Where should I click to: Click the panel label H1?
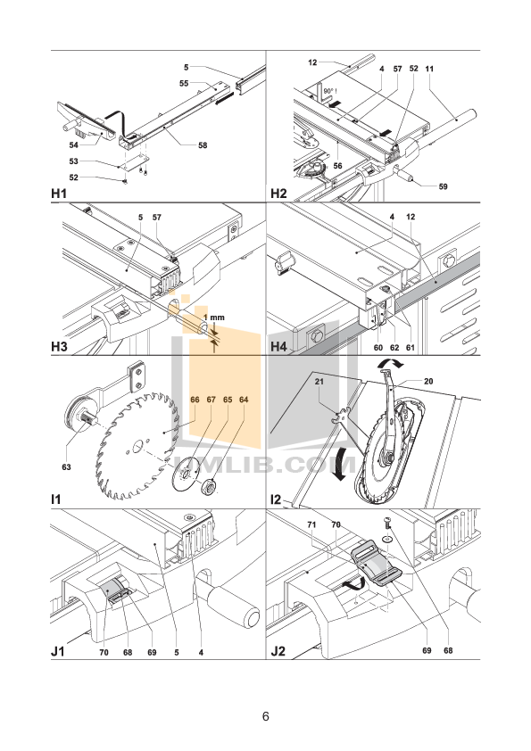click(x=62, y=192)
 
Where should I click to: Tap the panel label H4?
click(x=278, y=345)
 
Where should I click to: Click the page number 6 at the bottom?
click(x=265, y=716)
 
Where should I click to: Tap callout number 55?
click(x=183, y=83)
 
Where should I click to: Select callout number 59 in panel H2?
click(x=444, y=186)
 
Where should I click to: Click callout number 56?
click(x=337, y=166)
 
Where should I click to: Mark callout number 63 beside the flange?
click(x=66, y=466)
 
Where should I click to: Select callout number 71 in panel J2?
click(x=312, y=525)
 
